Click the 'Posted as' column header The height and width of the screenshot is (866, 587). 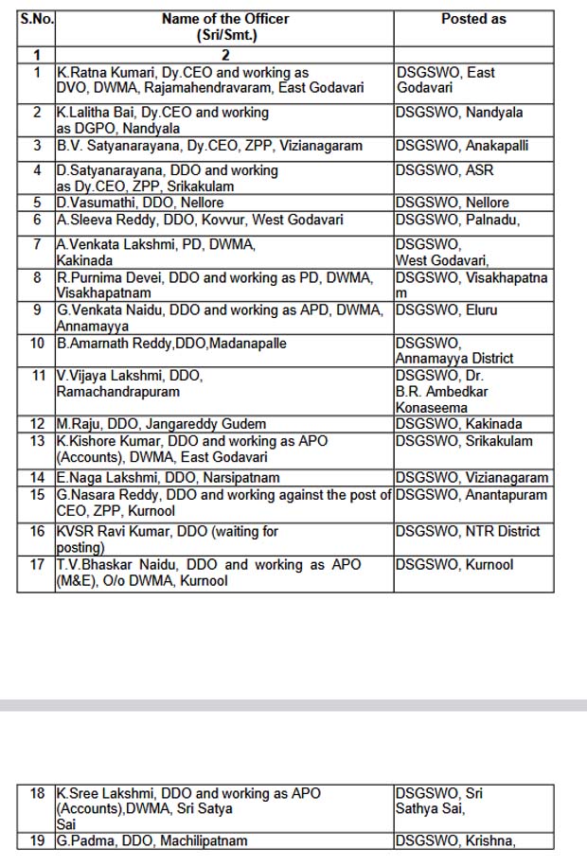click(x=473, y=19)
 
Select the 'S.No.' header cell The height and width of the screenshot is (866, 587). click(x=35, y=19)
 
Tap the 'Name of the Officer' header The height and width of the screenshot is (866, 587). click(x=225, y=19)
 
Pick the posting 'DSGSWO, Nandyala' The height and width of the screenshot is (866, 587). click(x=459, y=113)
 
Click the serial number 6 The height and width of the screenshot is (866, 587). click(x=37, y=220)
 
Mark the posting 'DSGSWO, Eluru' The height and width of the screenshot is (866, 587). click(x=446, y=309)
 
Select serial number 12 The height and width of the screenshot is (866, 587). click(x=37, y=424)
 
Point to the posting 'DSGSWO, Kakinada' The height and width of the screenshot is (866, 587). click(x=459, y=424)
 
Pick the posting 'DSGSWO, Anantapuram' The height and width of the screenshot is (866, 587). click(x=471, y=494)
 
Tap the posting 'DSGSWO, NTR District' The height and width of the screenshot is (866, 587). click(x=468, y=531)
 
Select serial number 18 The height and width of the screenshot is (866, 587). click(x=37, y=793)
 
